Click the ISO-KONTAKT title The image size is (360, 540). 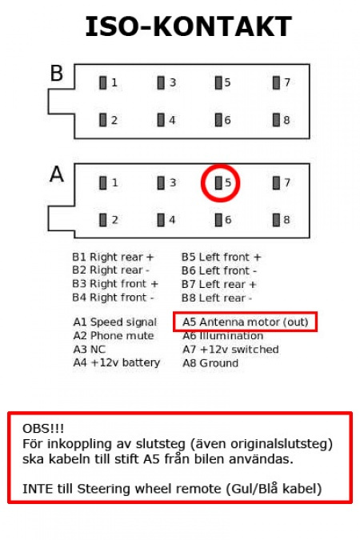[188, 27]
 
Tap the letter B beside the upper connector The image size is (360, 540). [57, 74]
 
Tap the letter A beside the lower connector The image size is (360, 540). [57, 174]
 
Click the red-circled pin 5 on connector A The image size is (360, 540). [219, 182]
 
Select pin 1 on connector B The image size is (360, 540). [103, 82]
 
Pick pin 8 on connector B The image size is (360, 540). [277, 120]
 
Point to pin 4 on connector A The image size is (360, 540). [162, 219]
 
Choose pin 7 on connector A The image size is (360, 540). [277, 182]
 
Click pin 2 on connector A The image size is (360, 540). [103, 219]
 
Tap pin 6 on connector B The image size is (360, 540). [219, 120]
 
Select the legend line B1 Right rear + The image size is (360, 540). [113, 258]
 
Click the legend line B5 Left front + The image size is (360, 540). [221, 258]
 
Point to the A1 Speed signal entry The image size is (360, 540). [114, 322]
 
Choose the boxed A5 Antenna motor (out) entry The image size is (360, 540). [245, 322]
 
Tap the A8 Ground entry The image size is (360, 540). [210, 363]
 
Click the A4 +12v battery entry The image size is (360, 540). [116, 363]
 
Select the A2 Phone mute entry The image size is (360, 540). [111, 336]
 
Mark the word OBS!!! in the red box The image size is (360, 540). [41, 430]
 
